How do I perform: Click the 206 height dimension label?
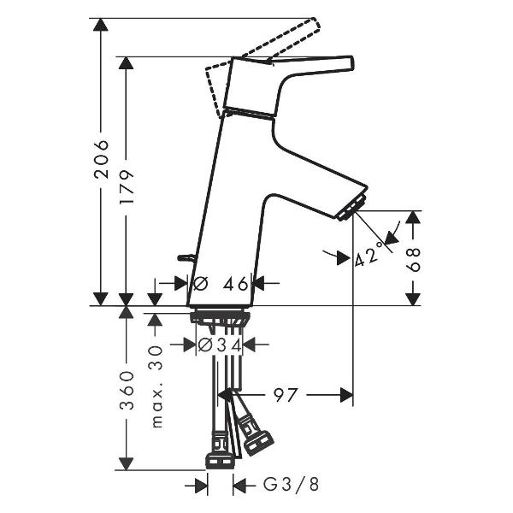101,159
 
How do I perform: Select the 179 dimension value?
127,186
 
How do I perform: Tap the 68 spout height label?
413,260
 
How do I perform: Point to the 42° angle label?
369,254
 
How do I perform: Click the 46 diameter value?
236,284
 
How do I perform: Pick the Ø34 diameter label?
220,345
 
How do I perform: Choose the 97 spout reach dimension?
286,395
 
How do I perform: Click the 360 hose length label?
127,391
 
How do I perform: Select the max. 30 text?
157,386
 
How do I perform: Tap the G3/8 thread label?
291,485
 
